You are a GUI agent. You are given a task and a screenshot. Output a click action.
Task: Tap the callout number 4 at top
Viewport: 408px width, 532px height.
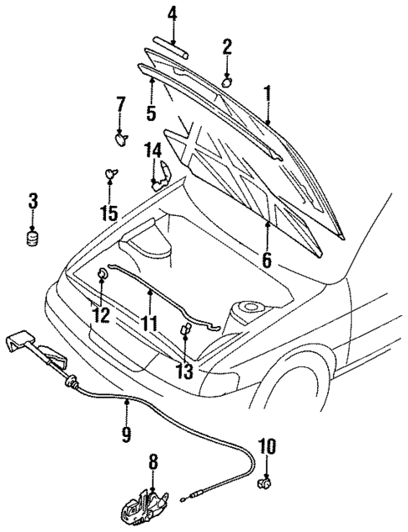pyautogui.click(x=172, y=13)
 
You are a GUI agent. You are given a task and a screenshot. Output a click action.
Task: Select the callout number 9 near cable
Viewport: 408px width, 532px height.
pyautogui.click(x=126, y=433)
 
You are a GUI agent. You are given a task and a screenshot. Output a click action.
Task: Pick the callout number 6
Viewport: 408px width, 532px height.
pyautogui.click(x=266, y=260)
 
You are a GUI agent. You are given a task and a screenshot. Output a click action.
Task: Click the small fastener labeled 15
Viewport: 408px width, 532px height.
pyautogui.click(x=109, y=174)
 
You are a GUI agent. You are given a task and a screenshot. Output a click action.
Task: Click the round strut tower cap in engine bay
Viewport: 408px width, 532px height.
pyautogui.click(x=249, y=309)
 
